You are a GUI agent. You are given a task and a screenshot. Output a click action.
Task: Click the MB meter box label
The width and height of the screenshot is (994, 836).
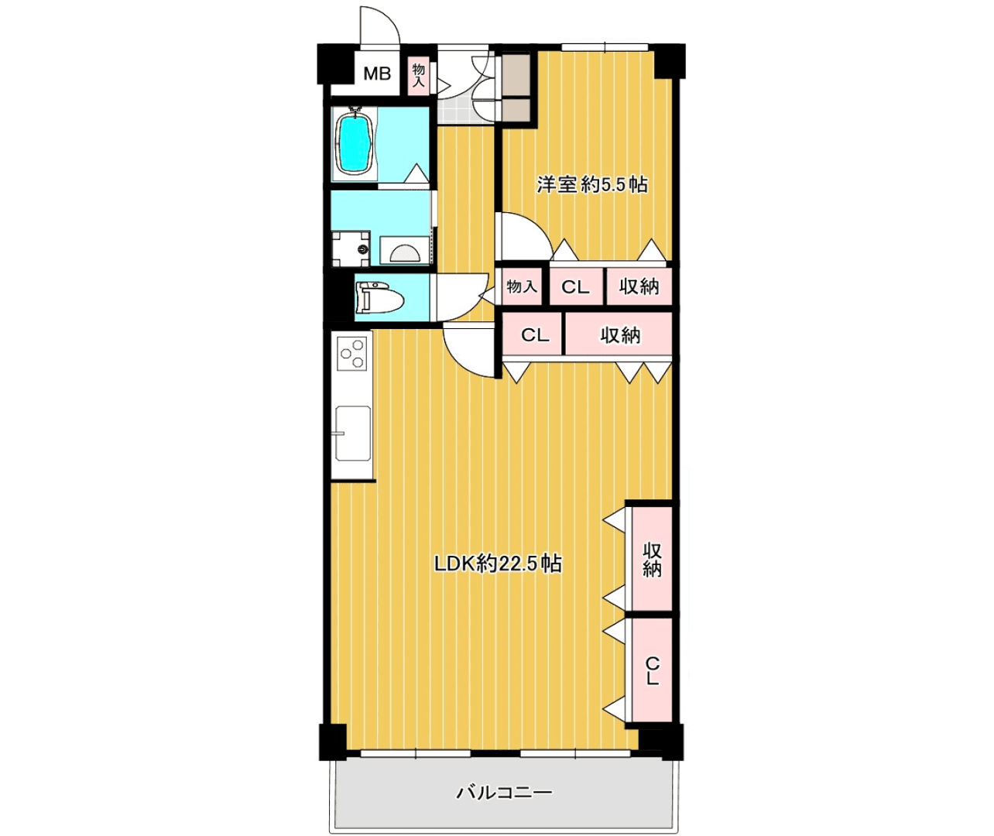[377, 74]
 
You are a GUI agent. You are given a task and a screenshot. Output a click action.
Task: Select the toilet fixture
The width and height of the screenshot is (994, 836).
[379, 299]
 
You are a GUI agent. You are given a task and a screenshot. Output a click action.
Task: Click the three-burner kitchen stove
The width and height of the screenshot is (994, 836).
[351, 353]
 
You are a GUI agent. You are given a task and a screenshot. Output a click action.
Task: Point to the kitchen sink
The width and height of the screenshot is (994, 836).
[353, 433]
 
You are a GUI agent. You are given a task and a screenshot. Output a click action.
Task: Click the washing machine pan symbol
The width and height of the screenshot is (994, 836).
[351, 248]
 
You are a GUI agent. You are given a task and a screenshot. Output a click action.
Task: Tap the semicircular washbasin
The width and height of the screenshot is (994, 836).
[405, 253]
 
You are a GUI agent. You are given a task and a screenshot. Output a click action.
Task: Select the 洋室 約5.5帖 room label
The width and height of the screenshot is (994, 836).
[592, 184]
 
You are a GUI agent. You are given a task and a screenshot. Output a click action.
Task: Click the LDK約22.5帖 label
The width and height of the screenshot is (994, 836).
[498, 564]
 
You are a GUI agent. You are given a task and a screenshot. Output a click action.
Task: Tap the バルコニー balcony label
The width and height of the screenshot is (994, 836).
[505, 793]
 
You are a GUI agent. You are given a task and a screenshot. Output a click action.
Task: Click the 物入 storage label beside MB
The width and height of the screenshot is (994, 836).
[419, 75]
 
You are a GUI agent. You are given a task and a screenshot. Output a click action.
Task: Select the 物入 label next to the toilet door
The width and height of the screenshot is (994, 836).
[523, 286]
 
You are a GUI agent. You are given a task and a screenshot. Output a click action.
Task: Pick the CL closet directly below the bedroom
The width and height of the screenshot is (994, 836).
[575, 287]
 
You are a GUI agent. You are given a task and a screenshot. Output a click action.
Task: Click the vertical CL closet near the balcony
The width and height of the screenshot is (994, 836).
[652, 671]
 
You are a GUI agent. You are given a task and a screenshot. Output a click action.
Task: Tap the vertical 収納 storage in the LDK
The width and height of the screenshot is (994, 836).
[652, 560]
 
